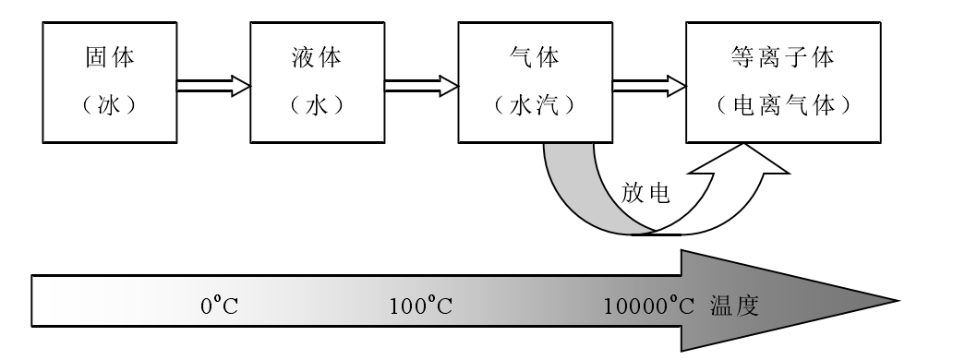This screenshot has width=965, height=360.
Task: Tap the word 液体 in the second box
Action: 317,59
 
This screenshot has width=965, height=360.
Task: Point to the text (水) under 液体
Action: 317,102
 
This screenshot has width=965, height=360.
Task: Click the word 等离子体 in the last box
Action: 781,59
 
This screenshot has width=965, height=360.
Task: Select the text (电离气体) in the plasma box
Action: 781,102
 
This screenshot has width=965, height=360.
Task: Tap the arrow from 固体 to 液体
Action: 212,86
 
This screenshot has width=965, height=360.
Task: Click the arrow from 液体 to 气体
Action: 420,86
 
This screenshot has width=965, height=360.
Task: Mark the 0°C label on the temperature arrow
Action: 220,306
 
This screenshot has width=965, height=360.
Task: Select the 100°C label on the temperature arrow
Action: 420,306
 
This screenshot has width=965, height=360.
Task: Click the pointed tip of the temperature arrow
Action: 891,301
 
